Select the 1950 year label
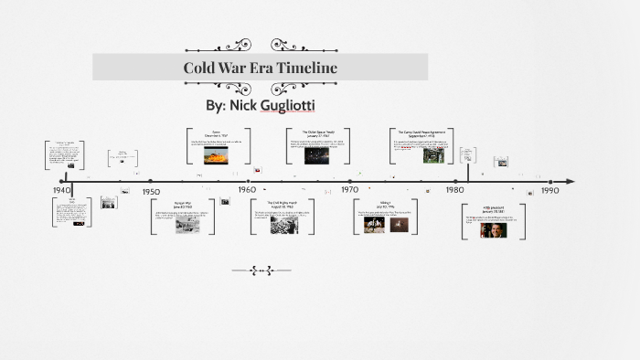(151, 192)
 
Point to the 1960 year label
(247, 189)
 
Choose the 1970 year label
(350, 189)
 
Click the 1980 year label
(454, 189)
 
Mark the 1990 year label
(549, 191)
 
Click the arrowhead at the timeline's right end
(570, 182)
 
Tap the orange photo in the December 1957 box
(216, 156)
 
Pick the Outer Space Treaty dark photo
(316, 155)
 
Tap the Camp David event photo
(432, 155)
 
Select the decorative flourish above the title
(261, 44)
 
